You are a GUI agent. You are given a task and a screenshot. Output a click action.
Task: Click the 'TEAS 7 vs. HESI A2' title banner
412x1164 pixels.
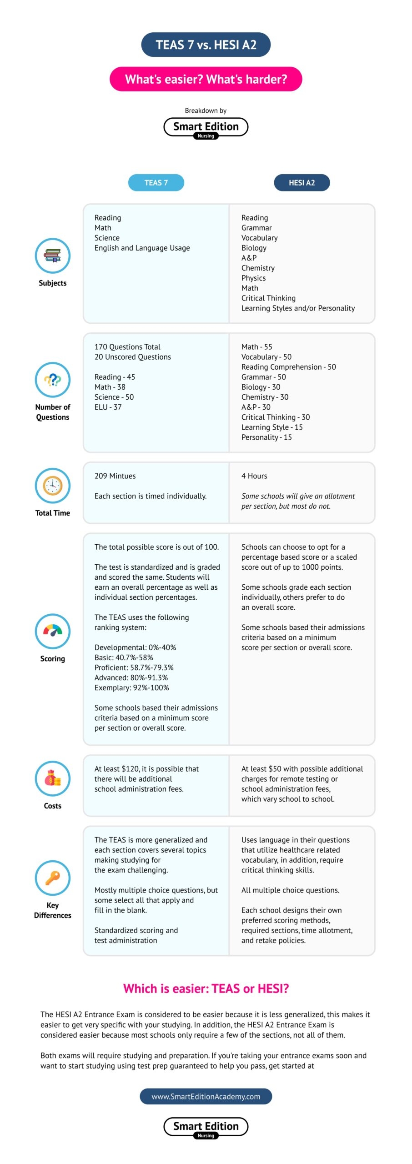[206, 45]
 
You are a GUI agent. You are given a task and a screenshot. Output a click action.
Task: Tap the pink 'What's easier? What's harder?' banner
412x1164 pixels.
[206, 79]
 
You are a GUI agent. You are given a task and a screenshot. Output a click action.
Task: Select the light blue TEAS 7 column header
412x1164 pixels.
[156, 182]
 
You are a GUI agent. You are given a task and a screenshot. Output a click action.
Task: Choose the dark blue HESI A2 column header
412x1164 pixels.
[301, 182]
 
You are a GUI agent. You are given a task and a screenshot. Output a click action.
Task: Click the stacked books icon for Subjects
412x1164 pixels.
[53, 256]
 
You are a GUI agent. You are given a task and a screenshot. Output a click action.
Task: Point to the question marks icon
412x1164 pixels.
[53, 380]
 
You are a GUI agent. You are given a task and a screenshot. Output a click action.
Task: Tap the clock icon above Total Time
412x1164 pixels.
[53, 486]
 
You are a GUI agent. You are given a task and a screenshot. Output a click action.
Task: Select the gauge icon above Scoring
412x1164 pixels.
[53, 631]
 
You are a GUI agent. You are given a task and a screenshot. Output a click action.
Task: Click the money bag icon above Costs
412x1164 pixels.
[53, 778]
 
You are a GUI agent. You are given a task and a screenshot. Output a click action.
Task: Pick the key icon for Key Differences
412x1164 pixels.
[53, 878]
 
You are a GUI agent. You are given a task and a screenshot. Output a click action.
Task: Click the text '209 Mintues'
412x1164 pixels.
[115, 476]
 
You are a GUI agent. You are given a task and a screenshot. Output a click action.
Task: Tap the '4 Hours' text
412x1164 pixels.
[254, 476]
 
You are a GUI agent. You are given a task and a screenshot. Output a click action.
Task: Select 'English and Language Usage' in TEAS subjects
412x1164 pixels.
[142, 248]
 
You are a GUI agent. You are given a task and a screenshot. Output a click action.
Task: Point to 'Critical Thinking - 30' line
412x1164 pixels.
[276, 417]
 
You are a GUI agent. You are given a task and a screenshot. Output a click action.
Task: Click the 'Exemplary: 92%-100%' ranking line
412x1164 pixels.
[132, 687]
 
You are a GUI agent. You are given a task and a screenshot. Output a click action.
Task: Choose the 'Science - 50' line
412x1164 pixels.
[114, 397]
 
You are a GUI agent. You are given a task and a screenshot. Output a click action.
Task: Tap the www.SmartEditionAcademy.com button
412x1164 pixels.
[206, 1096]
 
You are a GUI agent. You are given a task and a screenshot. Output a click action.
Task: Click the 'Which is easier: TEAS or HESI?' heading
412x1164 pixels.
[206, 988]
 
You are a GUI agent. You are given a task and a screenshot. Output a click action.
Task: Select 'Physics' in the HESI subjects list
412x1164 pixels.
[253, 278]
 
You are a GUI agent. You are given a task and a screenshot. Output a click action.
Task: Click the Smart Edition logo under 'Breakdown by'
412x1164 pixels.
[206, 127]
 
